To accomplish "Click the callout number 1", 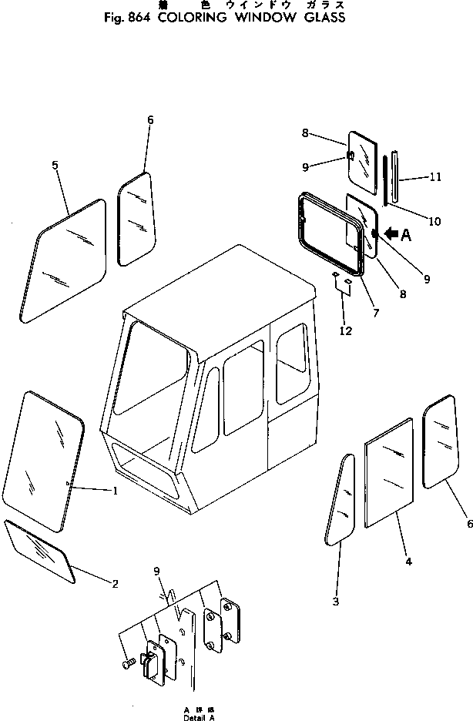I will click(x=115, y=491).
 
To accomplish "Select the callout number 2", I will click(x=115, y=583).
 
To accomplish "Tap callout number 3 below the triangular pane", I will click(x=335, y=602).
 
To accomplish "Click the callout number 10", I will click(x=434, y=222).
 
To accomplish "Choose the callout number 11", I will click(x=435, y=177).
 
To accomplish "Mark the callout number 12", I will click(x=346, y=331).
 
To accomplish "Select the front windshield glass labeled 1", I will click(x=43, y=461).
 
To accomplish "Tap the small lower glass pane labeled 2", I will click(x=39, y=549).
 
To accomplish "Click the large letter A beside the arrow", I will click(x=406, y=236).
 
